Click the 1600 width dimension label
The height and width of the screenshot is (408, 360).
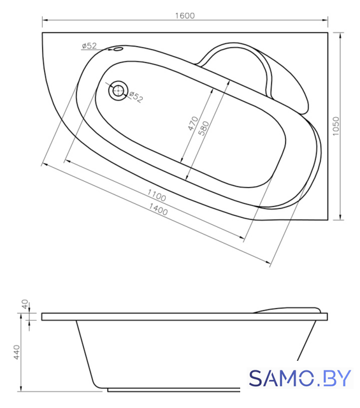(185, 16)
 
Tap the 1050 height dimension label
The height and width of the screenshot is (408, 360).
(336, 126)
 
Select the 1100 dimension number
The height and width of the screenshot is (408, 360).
(157, 196)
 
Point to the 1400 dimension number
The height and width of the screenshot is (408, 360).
(158, 209)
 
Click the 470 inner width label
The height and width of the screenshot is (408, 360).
(193, 124)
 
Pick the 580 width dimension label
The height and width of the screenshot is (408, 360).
(203, 128)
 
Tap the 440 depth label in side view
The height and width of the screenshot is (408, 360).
(17, 353)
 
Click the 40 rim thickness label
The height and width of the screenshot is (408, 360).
(24, 304)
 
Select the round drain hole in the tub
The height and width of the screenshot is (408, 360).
(118, 91)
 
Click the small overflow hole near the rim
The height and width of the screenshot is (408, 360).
(119, 49)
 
